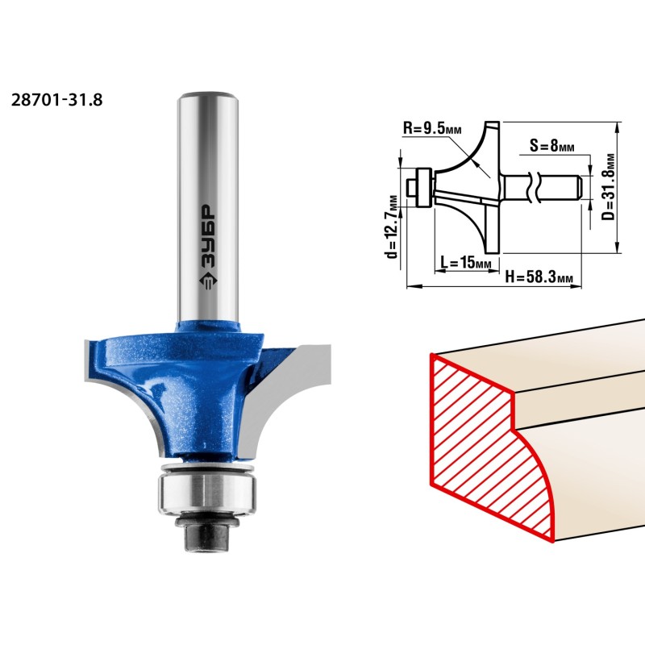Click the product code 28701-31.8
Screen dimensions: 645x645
56,100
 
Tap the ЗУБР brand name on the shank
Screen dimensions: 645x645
208,236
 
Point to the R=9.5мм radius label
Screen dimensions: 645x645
432,128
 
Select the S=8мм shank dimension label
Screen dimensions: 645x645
552,145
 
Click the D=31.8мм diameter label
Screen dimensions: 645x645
610,187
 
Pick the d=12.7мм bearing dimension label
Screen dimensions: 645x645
393,227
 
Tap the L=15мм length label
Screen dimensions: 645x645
466,262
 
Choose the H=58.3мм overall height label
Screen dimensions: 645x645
539,277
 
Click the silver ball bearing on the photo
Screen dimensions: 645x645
208,491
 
